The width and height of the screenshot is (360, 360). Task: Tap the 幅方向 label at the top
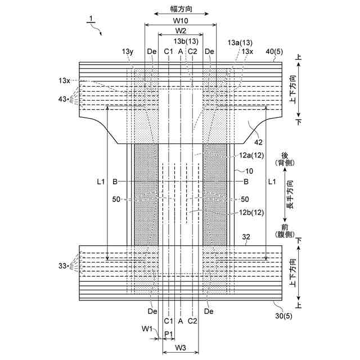coord(181,10)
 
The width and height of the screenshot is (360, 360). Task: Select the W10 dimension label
coord(181,20)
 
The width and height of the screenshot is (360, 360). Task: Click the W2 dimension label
coord(181,30)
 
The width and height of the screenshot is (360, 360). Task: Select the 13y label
coord(128,52)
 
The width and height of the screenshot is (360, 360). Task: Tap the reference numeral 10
coord(248,170)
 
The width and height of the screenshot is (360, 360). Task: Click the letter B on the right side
coord(246,182)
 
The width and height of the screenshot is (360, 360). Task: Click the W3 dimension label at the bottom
coord(181,347)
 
